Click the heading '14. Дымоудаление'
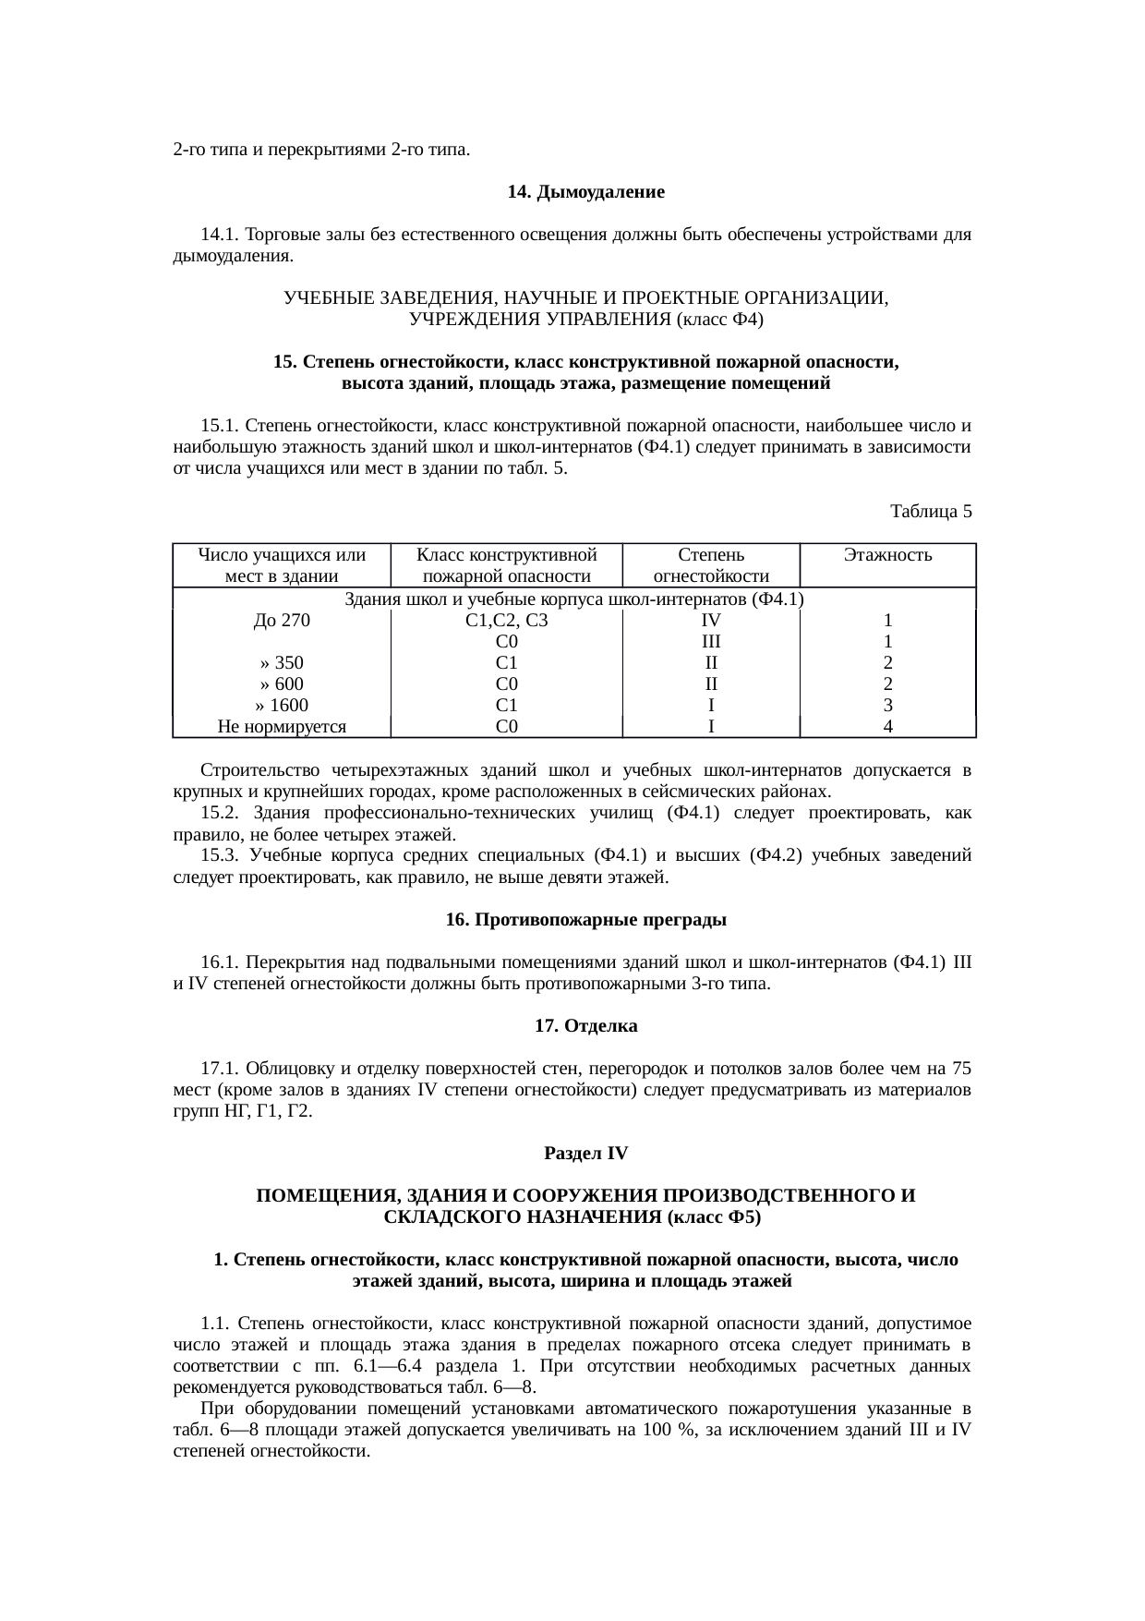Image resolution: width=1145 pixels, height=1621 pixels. [586, 192]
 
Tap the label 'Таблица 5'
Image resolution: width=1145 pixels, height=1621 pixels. [930, 511]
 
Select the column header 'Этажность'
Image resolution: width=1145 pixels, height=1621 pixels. [887, 556]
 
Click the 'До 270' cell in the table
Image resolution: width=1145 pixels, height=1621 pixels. [282, 621]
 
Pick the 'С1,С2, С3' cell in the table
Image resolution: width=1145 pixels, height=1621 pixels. [506, 621]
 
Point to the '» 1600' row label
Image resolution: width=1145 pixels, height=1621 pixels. [282, 706]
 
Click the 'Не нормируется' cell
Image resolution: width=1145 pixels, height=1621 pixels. [282, 727]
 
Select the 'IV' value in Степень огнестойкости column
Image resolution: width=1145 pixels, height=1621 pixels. [710, 621]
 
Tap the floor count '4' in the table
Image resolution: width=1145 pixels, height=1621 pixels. [887, 727]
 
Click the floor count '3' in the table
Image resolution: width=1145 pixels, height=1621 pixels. [887, 706]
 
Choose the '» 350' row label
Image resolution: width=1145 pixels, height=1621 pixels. [282, 663]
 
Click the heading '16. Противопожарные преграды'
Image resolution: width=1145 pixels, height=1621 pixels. [586, 920]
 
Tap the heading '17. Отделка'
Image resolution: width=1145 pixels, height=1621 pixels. [586, 1026]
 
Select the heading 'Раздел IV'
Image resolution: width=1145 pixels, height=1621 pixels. [586, 1154]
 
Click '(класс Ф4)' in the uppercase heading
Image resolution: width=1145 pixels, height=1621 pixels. [719, 320]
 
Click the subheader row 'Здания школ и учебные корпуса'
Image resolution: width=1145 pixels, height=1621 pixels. [573, 599]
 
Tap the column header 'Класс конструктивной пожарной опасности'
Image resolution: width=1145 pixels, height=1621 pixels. [506, 566]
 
